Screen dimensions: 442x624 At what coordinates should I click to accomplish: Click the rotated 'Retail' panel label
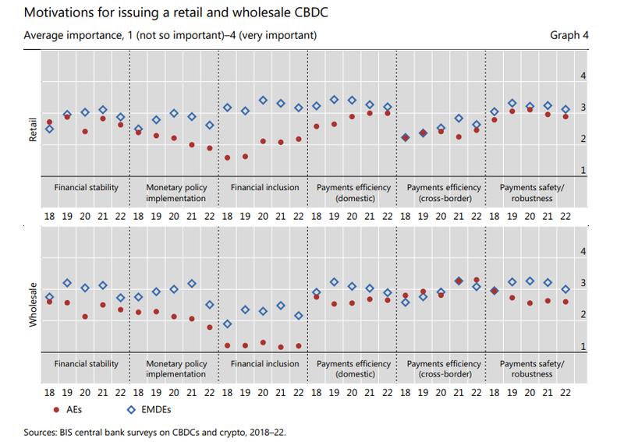[32, 128]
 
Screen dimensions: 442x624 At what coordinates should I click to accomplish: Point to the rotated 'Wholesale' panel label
[32, 299]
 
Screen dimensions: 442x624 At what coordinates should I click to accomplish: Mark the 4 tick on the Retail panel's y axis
[580, 76]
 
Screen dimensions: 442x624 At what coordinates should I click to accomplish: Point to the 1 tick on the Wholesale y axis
[580, 347]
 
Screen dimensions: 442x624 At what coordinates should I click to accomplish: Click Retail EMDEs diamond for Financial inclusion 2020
[263, 101]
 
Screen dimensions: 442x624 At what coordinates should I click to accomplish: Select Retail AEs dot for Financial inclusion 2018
[228, 157]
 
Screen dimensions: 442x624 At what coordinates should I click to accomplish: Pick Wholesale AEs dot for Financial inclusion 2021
[281, 347]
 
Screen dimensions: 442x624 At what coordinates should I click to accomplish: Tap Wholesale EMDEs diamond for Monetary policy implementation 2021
[192, 284]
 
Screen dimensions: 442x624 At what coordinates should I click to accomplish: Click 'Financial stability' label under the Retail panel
[87, 188]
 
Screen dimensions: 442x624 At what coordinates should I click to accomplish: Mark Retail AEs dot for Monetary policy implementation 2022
[210, 148]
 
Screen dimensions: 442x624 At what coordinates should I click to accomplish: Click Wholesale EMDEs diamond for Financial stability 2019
[67, 283]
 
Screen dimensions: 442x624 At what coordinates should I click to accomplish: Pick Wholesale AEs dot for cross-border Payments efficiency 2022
[477, 280]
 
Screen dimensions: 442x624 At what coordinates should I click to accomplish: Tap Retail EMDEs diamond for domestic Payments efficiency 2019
[334, 100]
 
